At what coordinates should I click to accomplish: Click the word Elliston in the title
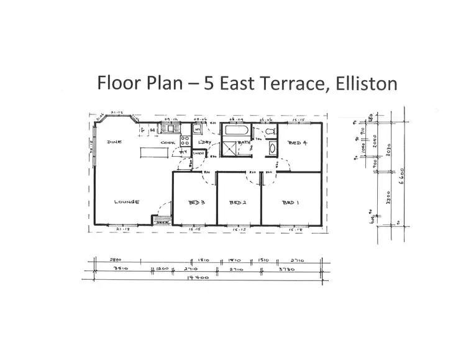(363, 83)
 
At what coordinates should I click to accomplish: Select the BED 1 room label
(290, 203)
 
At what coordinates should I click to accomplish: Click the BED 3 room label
(196, 203)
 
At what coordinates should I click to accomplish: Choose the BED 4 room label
(298, 144)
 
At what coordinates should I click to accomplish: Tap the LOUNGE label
(126, 202)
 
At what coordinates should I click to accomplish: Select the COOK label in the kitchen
(168, 142)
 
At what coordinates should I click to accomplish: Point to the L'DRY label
(205, 142)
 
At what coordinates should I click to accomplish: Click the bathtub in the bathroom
(236, 132)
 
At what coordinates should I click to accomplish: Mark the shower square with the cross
(231, 149)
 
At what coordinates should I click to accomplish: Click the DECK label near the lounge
(162, 221)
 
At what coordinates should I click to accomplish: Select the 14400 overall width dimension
(200, 277)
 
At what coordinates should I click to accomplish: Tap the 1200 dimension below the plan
(162, 270)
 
